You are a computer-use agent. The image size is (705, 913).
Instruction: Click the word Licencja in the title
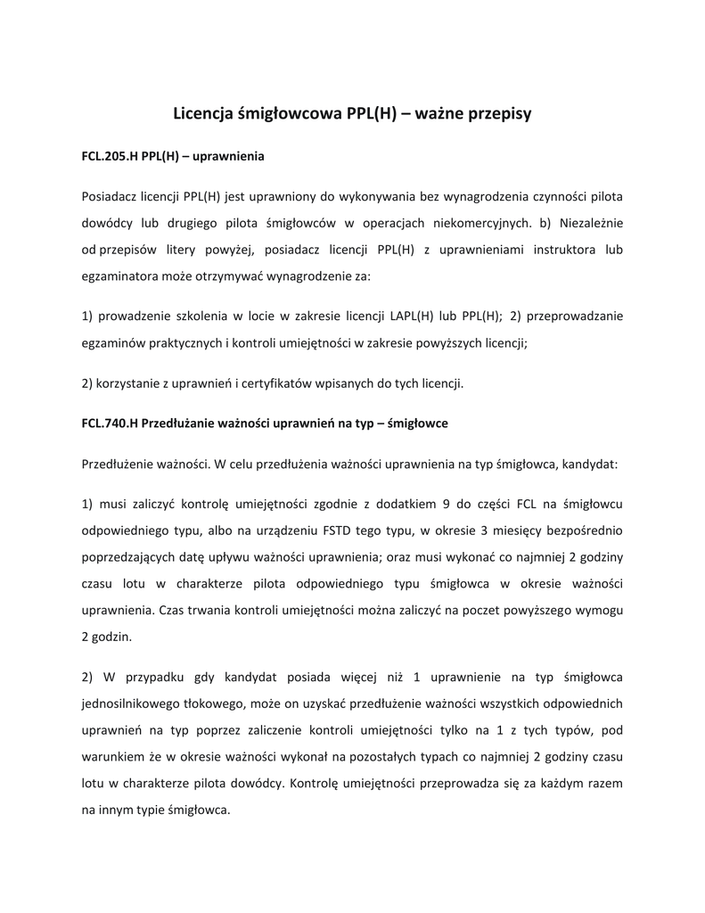click(203, 113)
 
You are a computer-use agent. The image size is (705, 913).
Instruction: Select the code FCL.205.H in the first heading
click(110, 156)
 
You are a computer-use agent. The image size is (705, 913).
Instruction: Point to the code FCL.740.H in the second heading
click(110, 424)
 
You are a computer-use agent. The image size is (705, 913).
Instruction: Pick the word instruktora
click(551, 250)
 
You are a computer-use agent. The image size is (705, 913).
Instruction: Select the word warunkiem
click(111, 757)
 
